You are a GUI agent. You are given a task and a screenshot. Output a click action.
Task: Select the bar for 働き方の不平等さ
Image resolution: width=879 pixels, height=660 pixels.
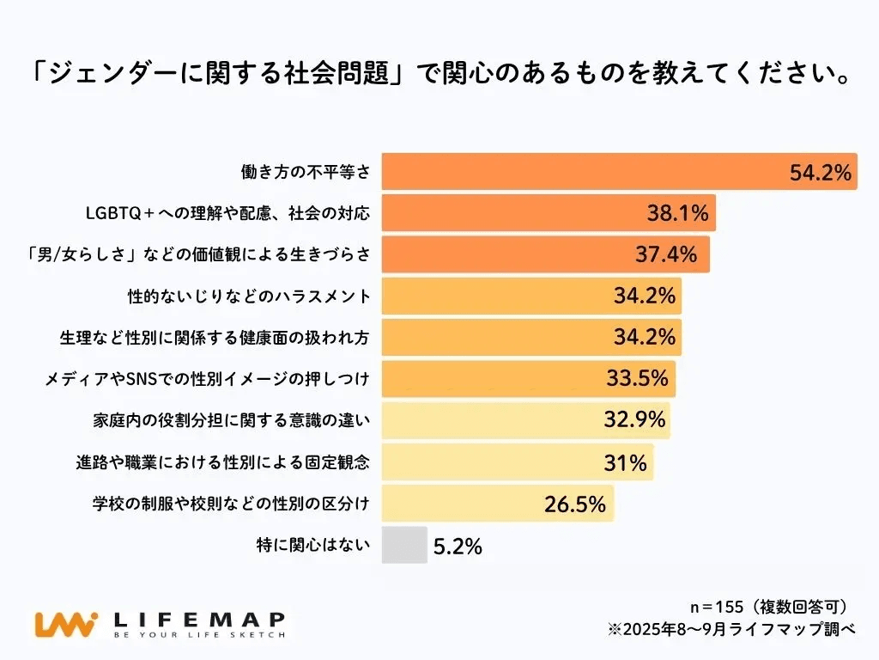584,172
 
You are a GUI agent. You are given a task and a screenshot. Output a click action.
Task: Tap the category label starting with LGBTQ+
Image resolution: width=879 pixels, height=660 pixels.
227,213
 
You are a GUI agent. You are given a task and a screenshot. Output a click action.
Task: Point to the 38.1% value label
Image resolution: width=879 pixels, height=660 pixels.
677,213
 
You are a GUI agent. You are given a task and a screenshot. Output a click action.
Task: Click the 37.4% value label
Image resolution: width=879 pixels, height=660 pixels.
671,254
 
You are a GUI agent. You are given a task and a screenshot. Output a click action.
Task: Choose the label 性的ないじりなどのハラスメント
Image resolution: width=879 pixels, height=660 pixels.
248,296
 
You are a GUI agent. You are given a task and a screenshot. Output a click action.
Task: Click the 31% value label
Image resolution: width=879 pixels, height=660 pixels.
625,462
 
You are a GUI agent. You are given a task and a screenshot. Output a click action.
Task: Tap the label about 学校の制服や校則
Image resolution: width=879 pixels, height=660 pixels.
231,504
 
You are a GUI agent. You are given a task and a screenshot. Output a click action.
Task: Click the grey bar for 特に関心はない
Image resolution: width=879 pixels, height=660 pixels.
403,545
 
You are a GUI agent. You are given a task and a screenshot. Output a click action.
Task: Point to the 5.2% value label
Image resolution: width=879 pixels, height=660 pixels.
458,546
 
